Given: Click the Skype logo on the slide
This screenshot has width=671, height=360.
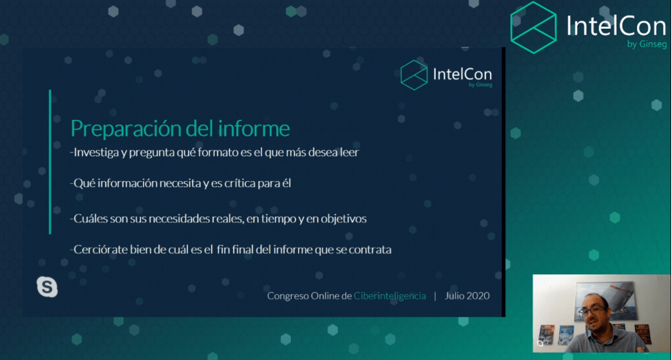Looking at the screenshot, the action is [47, 287].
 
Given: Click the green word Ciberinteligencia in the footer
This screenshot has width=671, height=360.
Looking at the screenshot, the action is [390, 296].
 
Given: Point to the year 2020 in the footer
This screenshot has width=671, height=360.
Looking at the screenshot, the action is [478, 296].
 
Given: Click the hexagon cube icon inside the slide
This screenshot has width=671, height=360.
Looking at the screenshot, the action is [414, 75].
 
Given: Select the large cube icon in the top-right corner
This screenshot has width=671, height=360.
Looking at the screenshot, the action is [533, 28].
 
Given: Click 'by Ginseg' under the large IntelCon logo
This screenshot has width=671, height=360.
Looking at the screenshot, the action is [647, 44].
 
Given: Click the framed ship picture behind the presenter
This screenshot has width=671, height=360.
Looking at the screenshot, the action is [604, 299].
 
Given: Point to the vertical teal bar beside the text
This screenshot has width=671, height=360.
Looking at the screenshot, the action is [50, 162].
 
